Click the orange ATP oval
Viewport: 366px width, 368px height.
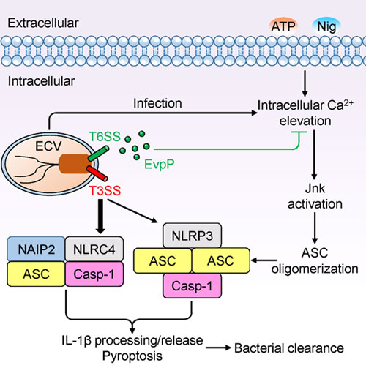283,26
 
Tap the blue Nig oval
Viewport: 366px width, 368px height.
326,26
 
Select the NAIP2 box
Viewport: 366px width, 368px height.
36,249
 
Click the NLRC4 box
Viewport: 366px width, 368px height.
94,249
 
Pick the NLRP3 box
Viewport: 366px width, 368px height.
192,236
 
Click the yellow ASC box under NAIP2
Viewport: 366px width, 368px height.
36,274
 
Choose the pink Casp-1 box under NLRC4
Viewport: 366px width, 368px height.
94,274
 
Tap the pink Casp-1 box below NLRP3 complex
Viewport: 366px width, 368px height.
192,285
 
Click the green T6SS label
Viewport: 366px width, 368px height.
105,136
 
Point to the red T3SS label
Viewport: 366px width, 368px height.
105,190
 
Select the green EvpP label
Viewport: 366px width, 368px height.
160,165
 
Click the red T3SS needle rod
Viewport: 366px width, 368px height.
97,173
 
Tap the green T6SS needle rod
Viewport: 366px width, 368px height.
99,154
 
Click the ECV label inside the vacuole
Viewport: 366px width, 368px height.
48,146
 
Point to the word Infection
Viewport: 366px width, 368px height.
157,103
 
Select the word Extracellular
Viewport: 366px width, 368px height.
43,23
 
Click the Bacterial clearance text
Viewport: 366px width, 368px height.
289,348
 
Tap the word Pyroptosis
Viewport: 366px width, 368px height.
132,356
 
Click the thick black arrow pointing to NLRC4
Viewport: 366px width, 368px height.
100,217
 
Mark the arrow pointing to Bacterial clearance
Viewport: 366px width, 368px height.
218,348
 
